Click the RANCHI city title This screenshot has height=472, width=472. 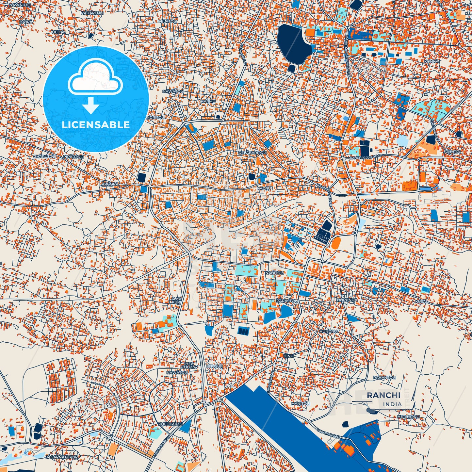point(383,395)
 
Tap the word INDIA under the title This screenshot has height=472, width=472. point(392,404)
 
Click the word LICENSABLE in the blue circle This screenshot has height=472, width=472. point(96,124)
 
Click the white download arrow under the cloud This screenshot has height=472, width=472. point(91,106)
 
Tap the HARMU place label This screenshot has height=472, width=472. point(208,102)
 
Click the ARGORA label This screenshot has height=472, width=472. point(110,185)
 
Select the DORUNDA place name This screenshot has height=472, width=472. point(347,300)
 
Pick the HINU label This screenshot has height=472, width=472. point(288,356)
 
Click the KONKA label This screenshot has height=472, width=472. point(431,61)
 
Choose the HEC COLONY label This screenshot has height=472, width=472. point(189,365)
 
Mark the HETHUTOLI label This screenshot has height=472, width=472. point(408,417)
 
